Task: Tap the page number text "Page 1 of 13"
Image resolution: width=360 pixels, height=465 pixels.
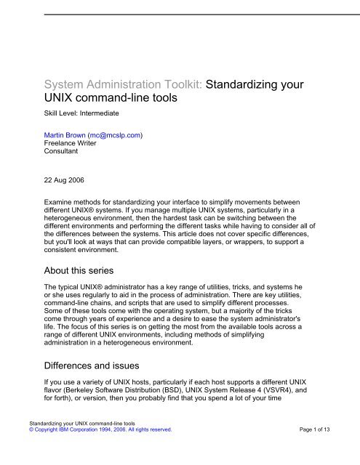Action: click(324, 450)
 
